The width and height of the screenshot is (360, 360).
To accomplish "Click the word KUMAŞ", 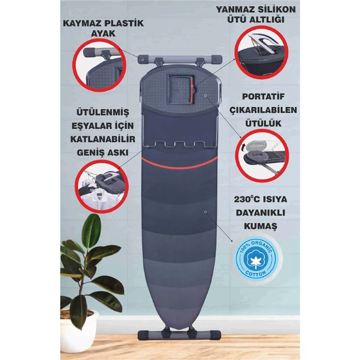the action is pos(260,226).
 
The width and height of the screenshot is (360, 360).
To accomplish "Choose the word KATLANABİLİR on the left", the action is pos(103,139).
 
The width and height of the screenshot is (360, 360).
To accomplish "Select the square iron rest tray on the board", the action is pos(181,89).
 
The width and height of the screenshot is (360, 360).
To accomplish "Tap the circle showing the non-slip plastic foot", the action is pos(100,65).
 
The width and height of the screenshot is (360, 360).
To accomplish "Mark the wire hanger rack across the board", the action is pos(179,145).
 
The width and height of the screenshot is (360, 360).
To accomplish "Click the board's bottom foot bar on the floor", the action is pos(179,335).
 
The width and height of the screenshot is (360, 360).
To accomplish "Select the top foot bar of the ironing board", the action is pos(180,59).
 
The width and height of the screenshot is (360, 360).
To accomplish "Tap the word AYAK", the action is pos(103,33).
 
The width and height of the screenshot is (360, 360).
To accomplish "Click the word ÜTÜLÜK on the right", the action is pos(263,123).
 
